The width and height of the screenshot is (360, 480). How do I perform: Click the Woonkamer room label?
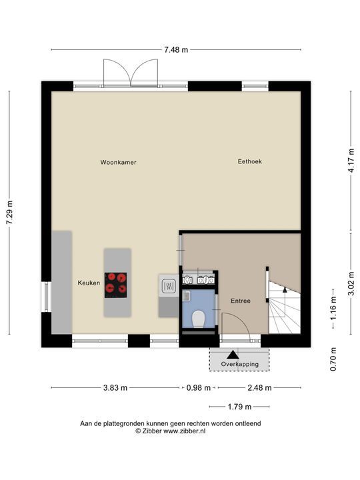[118, 162]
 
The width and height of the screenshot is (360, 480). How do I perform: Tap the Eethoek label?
[250, 161]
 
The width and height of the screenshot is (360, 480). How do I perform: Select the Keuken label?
[89, 283]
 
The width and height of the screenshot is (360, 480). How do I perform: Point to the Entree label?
[241, 301]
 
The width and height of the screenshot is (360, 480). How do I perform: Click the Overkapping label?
[240, 364]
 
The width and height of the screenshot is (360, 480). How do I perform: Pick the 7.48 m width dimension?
[176, 49]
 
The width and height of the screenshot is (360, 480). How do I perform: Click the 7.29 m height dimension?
[9, 213]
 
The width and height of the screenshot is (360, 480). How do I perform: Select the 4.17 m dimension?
[351, 161]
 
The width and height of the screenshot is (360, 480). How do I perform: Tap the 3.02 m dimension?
[351, 283]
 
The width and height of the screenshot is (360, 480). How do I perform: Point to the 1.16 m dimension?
[333, 308]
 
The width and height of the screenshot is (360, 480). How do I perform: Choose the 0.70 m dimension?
[333, 359]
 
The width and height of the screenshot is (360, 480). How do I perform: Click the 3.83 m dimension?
[115, 388]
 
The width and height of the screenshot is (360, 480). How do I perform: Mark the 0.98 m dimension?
[199, 388]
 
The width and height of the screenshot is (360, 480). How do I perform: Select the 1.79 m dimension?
[239, 407]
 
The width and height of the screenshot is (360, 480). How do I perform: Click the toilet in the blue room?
[199, 319]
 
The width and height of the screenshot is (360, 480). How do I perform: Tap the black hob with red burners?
[116, 285]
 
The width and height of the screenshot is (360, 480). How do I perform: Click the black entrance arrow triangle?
[233, 355]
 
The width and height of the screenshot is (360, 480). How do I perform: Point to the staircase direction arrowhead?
[285, 289]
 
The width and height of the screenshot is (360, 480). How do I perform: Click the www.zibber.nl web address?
[184, 431]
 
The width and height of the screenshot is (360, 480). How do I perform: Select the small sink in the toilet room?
[187, 296]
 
